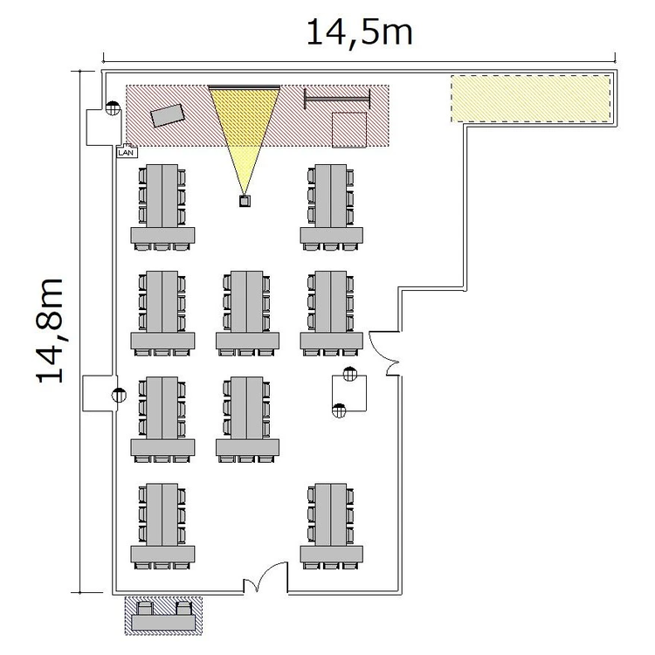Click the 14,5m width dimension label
[360, 33]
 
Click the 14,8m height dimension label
[50, 330]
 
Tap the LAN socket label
[126, 152]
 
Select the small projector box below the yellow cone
[245, 201]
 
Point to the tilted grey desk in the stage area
[168, 115]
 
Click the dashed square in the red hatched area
[349, 130]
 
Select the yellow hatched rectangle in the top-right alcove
[530, 99]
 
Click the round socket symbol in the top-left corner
[113, 108]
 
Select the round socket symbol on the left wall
[119, 395]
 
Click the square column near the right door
[349, 393]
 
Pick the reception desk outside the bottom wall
[163, 617]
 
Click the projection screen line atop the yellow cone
[245, 87]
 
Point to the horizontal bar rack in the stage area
[337, 100]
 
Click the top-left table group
[162, 208]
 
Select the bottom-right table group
[331, 527]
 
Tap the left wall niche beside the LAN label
[100, 128]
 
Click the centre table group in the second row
[247, 314]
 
